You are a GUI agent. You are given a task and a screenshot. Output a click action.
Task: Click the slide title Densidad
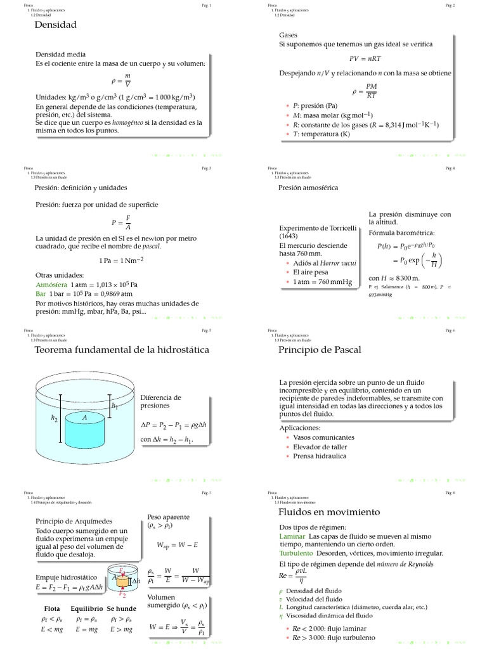pos(55,25)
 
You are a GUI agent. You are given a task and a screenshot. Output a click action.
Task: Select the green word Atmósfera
pos(51,285)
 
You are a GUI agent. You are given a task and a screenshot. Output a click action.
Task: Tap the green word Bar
pos(41,293)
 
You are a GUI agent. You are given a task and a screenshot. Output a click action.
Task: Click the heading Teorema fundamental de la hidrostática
pos(122,350)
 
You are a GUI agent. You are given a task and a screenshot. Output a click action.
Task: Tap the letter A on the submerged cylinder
pos(84,418)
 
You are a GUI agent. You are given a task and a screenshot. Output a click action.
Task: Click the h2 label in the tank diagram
pos(55,418)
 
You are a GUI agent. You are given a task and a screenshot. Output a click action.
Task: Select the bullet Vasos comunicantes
pos(323,437)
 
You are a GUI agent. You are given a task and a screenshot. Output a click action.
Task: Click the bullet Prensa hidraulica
pos(320,456)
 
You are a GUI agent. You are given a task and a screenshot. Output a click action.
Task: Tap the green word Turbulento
pos(296,553)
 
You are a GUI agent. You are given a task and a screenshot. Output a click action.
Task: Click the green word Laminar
pos(292,536)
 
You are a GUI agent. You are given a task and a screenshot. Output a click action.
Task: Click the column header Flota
pos(52,608)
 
